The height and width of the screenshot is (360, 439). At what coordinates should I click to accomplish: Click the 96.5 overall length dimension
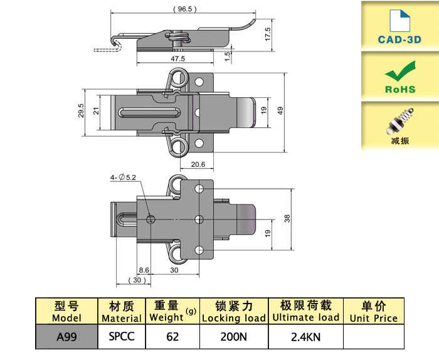(x=183, y=10)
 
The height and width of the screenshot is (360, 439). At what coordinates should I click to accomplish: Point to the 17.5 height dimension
(x=267, y=32)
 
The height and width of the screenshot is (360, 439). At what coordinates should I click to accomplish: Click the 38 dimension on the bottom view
(x=287, y=219)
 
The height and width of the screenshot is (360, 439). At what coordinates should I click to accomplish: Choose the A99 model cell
(x=66, y=337)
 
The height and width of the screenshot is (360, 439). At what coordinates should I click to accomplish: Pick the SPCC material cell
(x=122, y=337)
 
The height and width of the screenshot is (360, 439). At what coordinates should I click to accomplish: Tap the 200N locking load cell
(x=233, y=337)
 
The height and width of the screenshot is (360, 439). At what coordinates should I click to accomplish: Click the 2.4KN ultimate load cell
(x=305, y=337)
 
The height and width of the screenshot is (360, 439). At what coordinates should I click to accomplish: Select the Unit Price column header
(x=374, y=312)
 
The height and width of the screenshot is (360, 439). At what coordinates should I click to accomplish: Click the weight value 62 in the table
(x=172, y=337)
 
